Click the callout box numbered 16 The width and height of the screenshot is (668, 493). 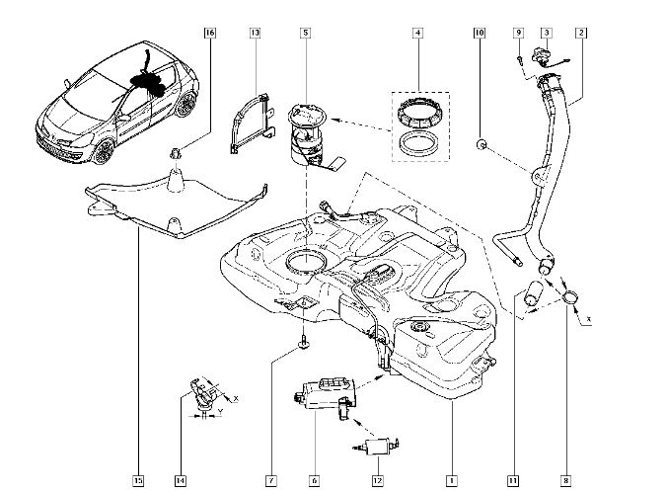[x=209, y=33]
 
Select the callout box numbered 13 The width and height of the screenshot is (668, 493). [x=255, y=33]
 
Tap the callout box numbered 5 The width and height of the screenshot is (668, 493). [x=306, y=33]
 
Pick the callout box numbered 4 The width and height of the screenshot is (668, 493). [x=418, y=33]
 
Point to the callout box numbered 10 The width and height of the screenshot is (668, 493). [x=480, y=33]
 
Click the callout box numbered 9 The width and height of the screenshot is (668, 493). [x=517, y=33]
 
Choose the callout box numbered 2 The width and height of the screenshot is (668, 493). [x=581, y=33]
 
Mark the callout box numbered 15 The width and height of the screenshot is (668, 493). [x=138, y=481]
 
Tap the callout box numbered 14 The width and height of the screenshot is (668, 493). [x=181, y=481]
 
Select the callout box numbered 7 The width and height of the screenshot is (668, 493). [x=268, y=481]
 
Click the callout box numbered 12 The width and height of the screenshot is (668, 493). [x=376, y=481]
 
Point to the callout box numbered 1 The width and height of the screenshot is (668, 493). [x=451, y=481]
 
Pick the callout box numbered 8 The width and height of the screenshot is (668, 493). [x=565, y=481]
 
